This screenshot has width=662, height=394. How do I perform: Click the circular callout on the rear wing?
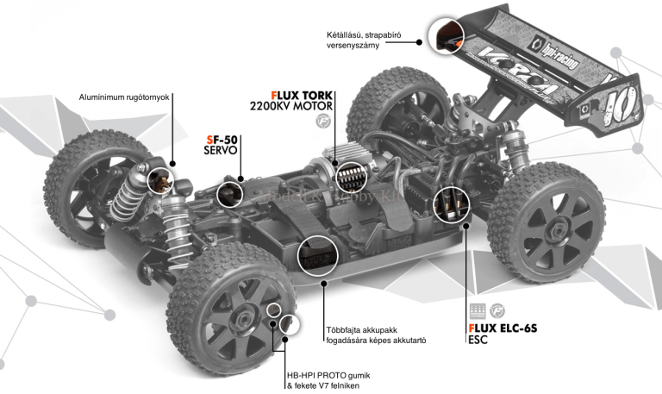tap(447, 35)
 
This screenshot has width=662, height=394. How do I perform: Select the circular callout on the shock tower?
tap(162, 180)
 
